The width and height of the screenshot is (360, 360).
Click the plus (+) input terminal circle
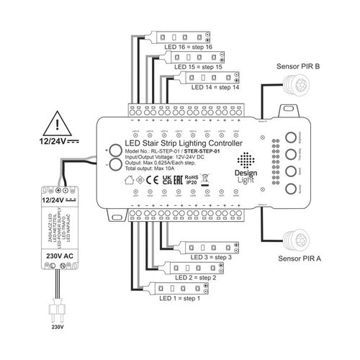coord(116,150)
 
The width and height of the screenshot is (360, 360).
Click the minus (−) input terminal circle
coord(116,166)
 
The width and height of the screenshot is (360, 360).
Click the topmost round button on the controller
coord(292,136)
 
